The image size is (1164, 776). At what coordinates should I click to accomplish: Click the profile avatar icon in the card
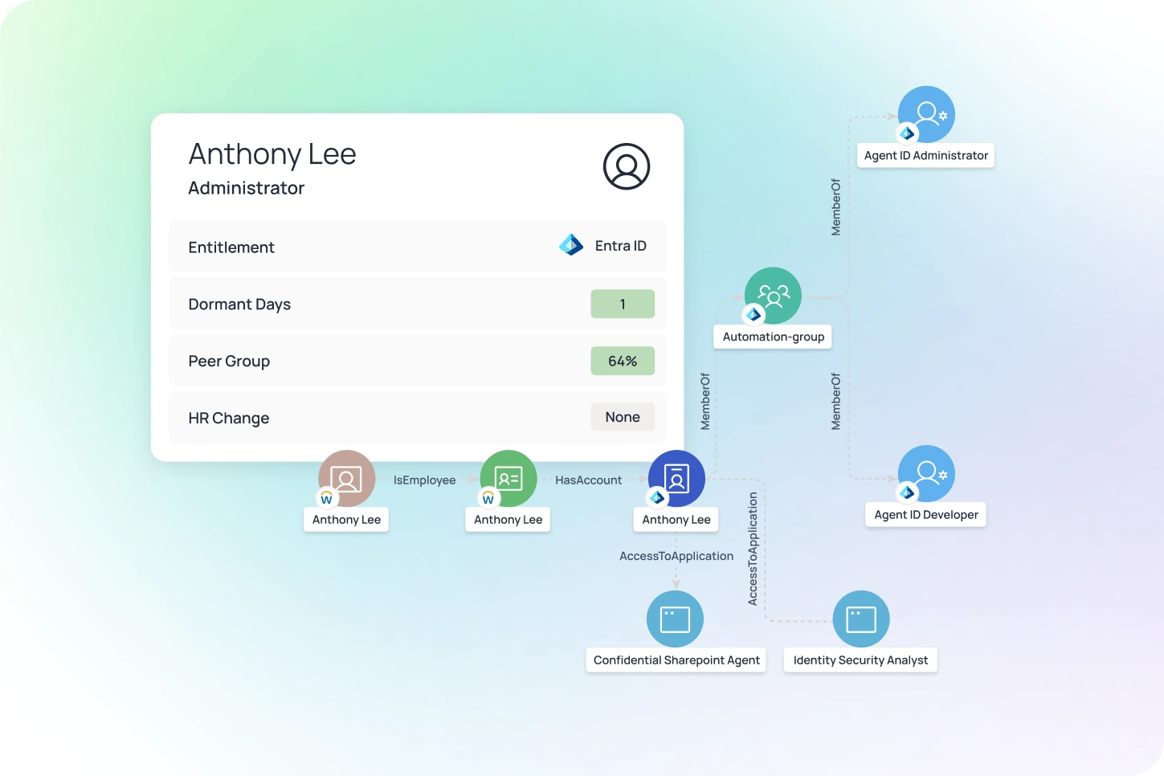tap(626, 166)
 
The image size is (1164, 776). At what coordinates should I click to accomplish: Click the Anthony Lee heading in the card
tap(272, 153)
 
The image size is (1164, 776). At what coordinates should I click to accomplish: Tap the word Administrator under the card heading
tap(247, 188)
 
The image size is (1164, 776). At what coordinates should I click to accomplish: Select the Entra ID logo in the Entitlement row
tap(571, 245)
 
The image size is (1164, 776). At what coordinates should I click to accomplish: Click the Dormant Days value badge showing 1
tap(623, 304)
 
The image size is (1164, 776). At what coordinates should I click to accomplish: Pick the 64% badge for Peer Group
tap(623, 361)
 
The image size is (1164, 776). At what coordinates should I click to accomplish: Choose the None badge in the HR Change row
tap(623, 417)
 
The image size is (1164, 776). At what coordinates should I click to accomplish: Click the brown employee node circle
tap(347, 479)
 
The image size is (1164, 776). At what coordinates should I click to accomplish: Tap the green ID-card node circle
tap(508, 479)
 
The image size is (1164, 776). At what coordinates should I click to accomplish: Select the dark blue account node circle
tap(676, 479)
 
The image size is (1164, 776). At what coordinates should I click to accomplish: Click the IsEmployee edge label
tap(424, 480)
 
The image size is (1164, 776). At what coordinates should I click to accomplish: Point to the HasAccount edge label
tap(588, 480)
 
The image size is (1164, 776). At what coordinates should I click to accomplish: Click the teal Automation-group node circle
tap(773, 296)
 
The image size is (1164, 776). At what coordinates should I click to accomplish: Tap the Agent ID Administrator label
tap(925, 156)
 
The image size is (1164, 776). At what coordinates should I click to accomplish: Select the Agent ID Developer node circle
tap(926, 474)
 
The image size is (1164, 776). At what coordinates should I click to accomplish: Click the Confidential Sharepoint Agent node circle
tap(675, 619)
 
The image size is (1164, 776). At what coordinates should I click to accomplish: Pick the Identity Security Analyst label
tap(860, 660)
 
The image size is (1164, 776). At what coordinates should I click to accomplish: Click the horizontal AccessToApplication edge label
tap(676, 556)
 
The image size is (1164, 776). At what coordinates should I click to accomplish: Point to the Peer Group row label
tap(229, 361)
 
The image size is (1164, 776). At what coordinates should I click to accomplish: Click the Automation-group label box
tap(773, 337)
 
